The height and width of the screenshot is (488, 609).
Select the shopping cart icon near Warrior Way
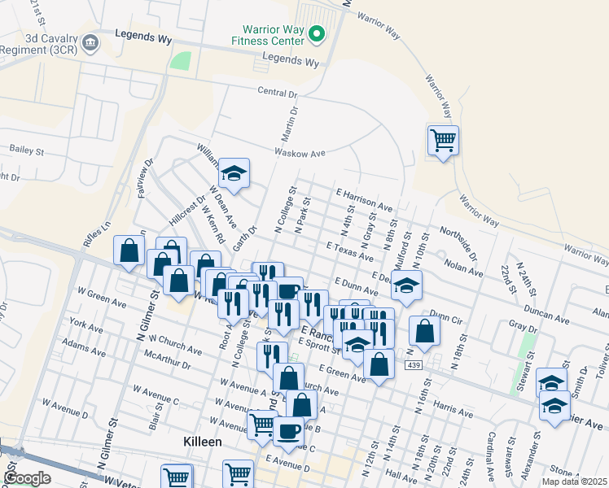click(443, 141)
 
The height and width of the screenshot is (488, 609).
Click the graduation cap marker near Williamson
click(234, 173)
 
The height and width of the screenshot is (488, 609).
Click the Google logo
click(27, 478)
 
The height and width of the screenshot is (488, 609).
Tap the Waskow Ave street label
click(301, 152)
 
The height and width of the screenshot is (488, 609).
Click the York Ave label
click(87, 329)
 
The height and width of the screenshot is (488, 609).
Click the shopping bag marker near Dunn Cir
click(424, 331)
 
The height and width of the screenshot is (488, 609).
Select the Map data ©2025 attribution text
click(572, 481)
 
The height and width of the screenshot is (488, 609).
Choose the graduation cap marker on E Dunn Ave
click(406, 285)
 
